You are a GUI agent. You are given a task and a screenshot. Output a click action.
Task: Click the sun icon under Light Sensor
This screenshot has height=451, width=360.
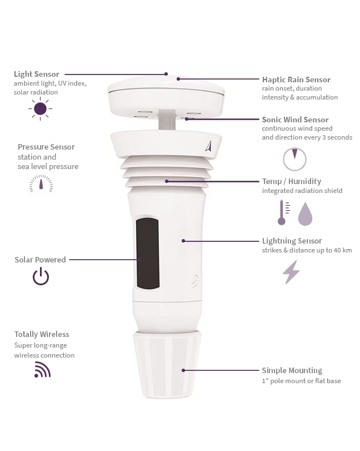point(40,109)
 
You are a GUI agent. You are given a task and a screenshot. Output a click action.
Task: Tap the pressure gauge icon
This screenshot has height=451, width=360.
point(41,184)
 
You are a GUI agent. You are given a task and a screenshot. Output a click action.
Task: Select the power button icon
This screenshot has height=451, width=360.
point(41,276)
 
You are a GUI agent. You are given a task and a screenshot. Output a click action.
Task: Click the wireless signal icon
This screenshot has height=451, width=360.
point(42,370)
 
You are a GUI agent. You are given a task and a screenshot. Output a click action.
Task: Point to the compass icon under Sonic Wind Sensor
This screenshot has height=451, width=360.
point(294,158)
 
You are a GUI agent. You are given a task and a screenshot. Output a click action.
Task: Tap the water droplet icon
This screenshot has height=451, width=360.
point(306,214)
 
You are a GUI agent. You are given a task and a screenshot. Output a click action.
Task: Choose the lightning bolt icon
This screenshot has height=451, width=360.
point(291,272)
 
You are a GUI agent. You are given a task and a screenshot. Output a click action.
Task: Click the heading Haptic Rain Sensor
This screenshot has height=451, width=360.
point(296,80)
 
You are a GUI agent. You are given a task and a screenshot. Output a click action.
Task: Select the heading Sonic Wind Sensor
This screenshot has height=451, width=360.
point(295,120)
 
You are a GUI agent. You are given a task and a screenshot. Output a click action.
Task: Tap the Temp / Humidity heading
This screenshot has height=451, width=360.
point(291,181)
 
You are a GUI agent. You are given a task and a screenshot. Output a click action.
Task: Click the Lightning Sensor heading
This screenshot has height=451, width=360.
point(292,241)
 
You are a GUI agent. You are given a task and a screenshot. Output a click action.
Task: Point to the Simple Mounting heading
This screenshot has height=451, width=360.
point(292,370)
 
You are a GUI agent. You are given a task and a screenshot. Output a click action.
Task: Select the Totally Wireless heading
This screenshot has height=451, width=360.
point(42,334)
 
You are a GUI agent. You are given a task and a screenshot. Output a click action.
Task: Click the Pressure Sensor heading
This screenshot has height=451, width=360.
point(46,147)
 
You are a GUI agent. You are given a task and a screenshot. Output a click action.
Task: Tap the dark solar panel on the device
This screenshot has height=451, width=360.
point(147,253)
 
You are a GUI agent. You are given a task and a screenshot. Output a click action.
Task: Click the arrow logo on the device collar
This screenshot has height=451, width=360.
point(208,146)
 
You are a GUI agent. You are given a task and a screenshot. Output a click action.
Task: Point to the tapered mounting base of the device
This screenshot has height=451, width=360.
point(167,364)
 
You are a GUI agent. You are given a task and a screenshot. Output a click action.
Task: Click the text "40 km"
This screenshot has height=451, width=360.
point(342,250)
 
